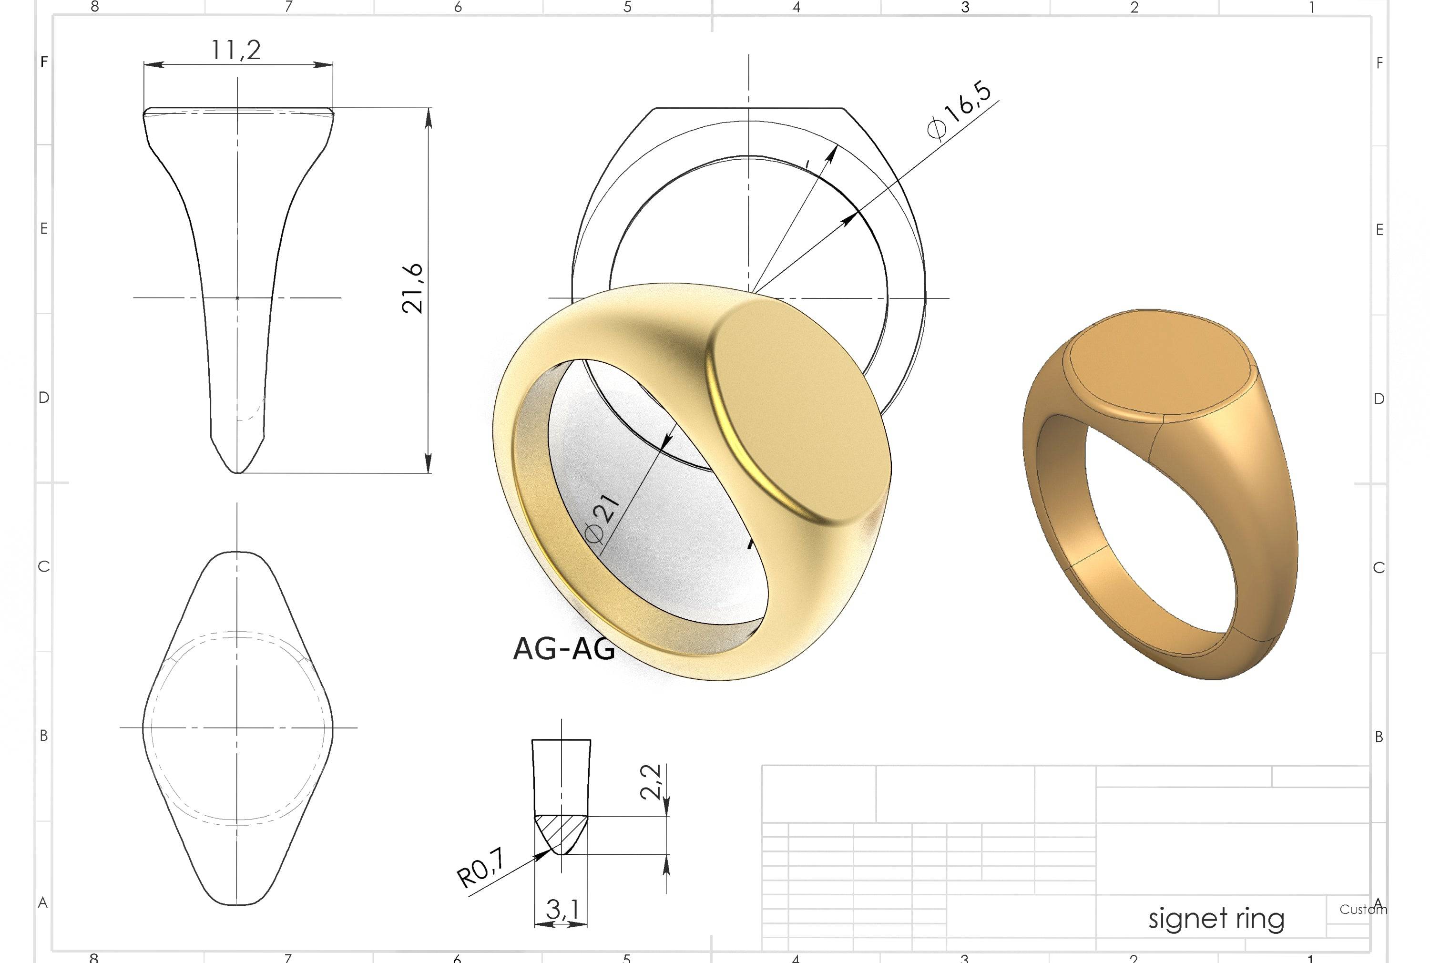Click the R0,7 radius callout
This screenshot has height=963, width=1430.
(481, 868)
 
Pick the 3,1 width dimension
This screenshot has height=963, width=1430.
(562, 910)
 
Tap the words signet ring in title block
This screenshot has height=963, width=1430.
(1215, 919)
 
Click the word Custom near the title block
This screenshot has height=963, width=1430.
(1362, 910)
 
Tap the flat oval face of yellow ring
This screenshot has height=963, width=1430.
(804, 411)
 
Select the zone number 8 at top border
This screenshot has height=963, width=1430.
(94, 7)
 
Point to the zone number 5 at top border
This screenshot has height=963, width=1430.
(627, 7)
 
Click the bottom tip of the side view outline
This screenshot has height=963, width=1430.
(237, 472)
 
